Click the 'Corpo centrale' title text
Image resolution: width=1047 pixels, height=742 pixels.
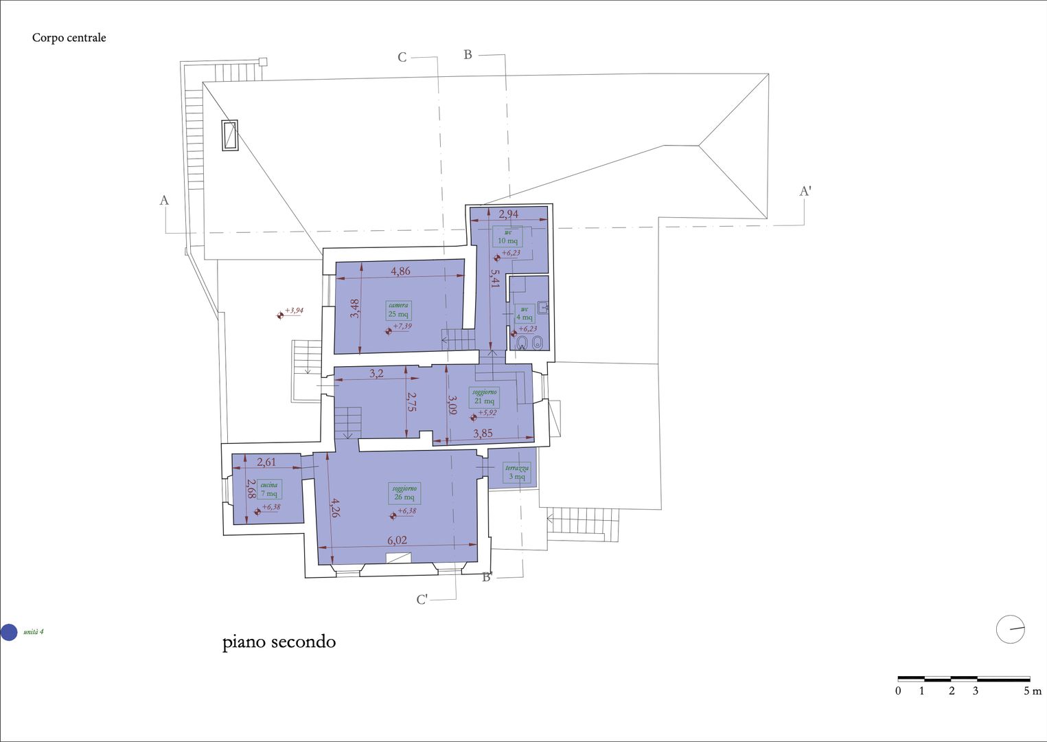click(69, 38)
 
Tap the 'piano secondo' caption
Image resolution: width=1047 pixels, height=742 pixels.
click(279, 642)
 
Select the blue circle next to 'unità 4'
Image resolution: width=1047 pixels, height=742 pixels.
click(9, 632)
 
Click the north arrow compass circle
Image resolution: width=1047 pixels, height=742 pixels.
click(1010, 629)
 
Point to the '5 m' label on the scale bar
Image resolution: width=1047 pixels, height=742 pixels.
click(1032, 691)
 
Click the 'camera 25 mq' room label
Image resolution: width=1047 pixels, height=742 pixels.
click(398, 310)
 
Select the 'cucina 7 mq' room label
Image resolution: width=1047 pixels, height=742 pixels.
click(269, 489)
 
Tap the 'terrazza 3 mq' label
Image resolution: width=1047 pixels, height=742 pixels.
click(516, 473)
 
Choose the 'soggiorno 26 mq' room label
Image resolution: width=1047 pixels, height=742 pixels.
click(404, 493)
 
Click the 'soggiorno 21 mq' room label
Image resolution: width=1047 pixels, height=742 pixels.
click(484, 397)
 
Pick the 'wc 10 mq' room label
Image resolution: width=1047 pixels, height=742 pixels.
click(507, 237)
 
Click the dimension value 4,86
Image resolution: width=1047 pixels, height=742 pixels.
click(400, 271)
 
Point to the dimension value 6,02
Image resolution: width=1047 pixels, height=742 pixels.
click(397, 541)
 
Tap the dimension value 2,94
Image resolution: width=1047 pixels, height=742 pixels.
click(508, 214)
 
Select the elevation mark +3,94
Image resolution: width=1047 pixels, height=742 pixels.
click(293, 311)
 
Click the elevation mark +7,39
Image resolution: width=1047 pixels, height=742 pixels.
click(402, 326)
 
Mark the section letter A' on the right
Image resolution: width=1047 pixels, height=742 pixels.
click(805, 191)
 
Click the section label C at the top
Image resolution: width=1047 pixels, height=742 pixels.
click(402, 58)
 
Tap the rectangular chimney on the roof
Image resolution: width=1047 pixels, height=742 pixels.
click(229, 135)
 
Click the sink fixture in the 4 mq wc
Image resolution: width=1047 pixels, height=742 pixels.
click(542, 308)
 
